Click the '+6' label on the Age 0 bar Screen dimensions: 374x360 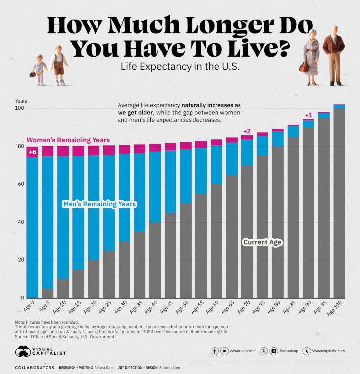(x=33, y=152)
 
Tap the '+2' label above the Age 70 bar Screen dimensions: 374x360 (x=247, y=131)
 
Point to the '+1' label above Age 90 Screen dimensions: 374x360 (x=308, y=115)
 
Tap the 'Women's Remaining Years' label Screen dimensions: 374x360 (x=68, y=140)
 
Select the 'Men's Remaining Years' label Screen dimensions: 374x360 (x=99, y=203)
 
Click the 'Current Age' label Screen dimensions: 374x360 (x=263, y=242)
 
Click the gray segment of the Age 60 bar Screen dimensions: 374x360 (x=216, y=240)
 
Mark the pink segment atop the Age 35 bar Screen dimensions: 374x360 (x=140, y=149)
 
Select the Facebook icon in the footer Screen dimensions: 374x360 (x=215, y=351)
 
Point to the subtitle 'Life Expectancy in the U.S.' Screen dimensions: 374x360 (x=180, y=67)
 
